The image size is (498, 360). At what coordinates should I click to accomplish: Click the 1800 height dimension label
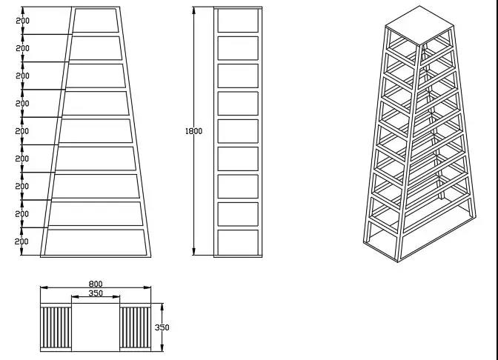(x=193, y=131)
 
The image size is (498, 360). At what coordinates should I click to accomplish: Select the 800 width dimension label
(x=96, y=284)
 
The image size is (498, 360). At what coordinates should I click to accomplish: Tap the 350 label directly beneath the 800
(x=96, y=293)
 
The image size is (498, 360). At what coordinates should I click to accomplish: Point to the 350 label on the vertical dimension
(x=162, y=327)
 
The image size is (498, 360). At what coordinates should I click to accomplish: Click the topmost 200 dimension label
(x=22, y=21)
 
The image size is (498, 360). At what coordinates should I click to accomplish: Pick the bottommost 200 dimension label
(x=21, y=241)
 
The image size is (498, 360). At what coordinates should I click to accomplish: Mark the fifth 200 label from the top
(x=22, y=131)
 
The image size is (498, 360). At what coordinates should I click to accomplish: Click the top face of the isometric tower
(x=419, y=26)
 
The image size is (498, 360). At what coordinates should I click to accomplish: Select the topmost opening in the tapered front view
(x=96, y=20)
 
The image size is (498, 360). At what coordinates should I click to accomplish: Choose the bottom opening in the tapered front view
(x=96, y=242)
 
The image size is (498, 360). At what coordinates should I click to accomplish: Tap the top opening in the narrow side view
(x=238, y=20)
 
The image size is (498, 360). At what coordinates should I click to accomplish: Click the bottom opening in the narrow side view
(x=238, y=242)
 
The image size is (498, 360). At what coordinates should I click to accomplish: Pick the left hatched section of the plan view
(x=56, y=327)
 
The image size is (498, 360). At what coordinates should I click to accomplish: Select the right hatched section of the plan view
(x=136, y=327)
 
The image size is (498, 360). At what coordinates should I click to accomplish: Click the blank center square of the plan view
(x=96, y=327)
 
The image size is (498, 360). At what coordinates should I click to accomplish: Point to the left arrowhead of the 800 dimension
(x=44, y=287)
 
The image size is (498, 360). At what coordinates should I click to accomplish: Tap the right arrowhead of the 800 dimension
(x=147, y=287)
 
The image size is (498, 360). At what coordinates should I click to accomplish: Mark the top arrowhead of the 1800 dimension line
(x=193, y=10)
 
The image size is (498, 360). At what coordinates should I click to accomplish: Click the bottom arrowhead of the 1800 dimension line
(x=193, y=251)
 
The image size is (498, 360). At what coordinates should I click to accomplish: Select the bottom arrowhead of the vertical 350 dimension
(x=162, y=348)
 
